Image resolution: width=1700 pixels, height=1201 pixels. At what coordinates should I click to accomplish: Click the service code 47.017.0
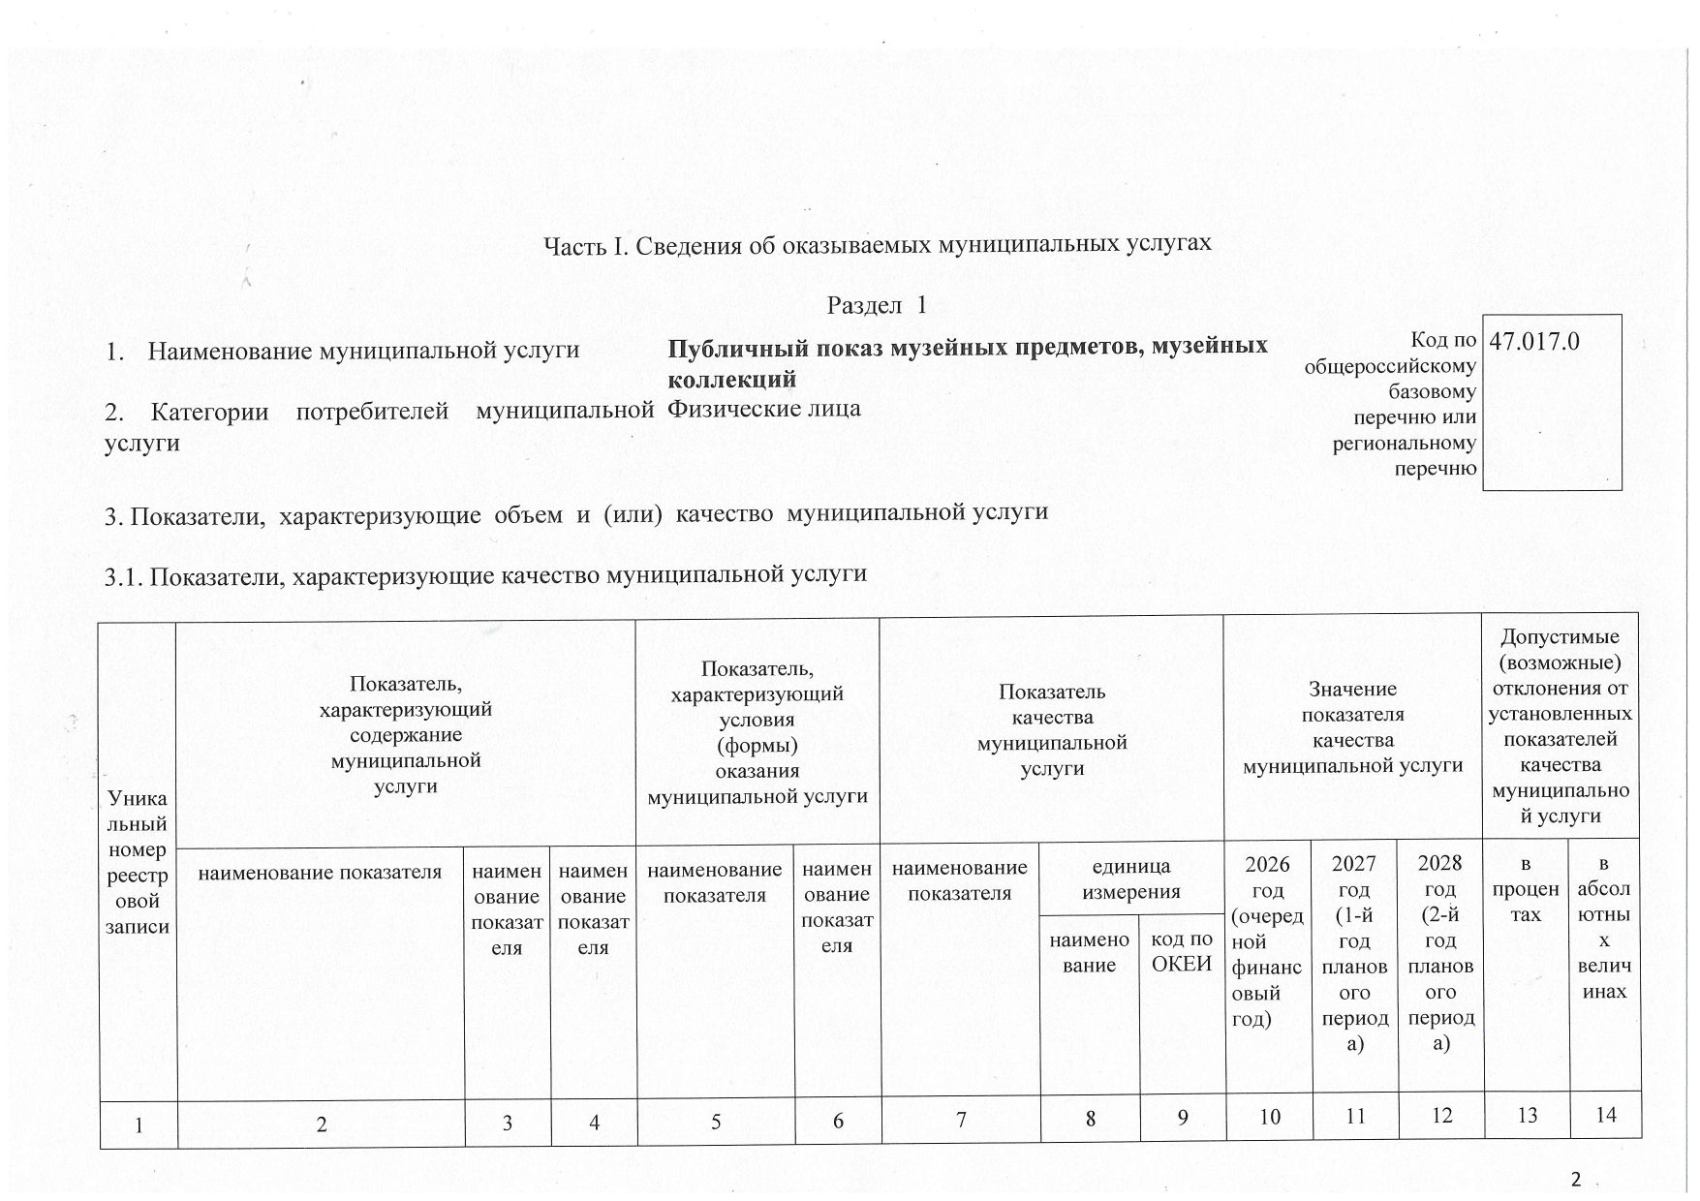pos(1535,342)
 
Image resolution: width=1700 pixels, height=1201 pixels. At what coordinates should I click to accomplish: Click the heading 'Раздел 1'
pos(877,305)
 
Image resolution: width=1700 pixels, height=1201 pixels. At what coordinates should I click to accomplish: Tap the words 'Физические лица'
pos(764,408)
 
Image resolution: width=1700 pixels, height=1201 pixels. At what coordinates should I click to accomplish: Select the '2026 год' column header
pos(1267,940)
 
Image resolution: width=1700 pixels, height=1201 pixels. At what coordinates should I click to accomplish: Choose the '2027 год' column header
pos(1354,953)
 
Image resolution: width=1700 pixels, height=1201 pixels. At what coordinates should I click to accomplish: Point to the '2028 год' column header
pos(1440,953)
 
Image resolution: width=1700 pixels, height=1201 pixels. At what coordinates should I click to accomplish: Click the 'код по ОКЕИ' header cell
pos(1182,951)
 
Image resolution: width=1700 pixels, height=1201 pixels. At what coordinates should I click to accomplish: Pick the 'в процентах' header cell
pos(1526,889)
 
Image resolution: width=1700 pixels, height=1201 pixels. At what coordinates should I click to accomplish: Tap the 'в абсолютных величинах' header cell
pos(1604,927)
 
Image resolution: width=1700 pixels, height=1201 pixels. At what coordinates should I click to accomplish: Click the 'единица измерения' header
pos(1130,878)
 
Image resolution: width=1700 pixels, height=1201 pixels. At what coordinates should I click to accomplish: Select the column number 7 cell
pos(961,1120)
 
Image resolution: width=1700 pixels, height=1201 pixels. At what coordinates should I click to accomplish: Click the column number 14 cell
pos(1605,1116)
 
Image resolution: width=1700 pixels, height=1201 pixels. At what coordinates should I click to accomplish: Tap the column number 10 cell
pos(1269,1118)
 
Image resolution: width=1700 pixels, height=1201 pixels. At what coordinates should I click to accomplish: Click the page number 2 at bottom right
pos(1575,1179)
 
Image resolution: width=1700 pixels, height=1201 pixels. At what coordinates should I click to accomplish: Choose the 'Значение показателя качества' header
pos(1352,727)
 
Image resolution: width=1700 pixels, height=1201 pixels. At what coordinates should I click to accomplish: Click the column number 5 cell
pos(716,1121)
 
